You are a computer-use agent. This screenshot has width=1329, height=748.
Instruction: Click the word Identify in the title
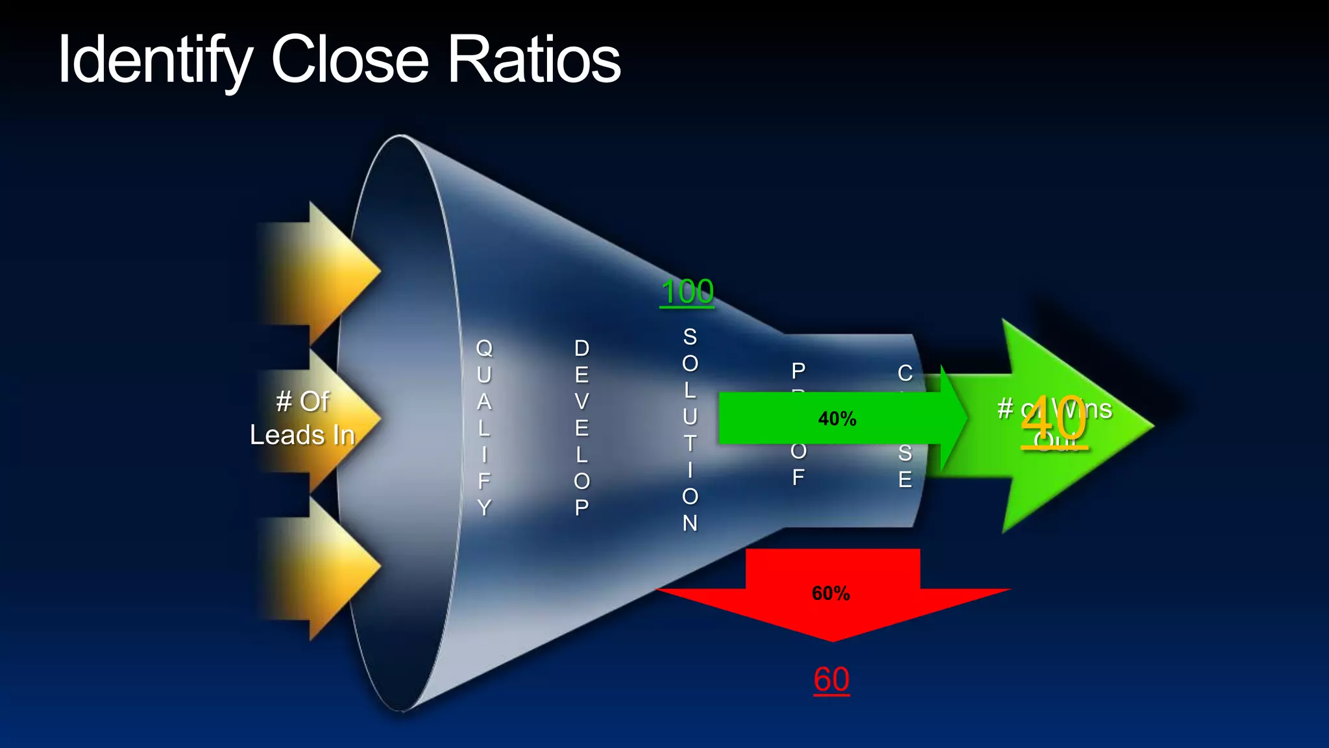click(x=154, y=60)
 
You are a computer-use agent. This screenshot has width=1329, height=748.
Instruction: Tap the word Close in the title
click(x=350, y=60)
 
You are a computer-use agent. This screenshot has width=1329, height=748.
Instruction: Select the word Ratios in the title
click(x=534, y=60)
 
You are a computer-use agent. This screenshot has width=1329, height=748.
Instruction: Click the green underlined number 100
click(x=687, y=292)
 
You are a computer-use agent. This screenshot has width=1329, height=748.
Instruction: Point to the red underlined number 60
click(x=831, y=680)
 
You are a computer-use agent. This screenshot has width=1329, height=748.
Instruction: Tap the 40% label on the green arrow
click(x=837, y=419)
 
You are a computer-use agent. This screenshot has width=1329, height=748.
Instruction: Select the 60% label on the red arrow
click(x=831, y=593)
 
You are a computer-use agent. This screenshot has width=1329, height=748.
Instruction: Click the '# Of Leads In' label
click(x=302, y=418)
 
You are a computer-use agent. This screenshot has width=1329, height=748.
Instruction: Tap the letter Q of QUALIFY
click(x=484, y=348)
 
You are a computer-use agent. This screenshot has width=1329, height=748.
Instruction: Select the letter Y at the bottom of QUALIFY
click(x=484, y=507)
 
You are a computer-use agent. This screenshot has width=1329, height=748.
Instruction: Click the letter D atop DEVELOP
click(x=581, y=349)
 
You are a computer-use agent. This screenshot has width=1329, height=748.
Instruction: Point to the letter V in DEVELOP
click(x=581, y=402)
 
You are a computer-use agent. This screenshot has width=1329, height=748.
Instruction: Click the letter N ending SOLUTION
click(x=690, y=523)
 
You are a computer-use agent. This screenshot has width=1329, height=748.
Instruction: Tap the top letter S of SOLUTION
click(x=690, y=337)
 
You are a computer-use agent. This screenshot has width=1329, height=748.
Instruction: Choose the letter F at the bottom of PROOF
click(x=798, y=478)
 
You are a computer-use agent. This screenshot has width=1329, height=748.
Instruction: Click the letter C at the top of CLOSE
click(x=905, y=373)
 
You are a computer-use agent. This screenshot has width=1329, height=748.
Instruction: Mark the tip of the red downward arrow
click(x=833, y=640)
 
